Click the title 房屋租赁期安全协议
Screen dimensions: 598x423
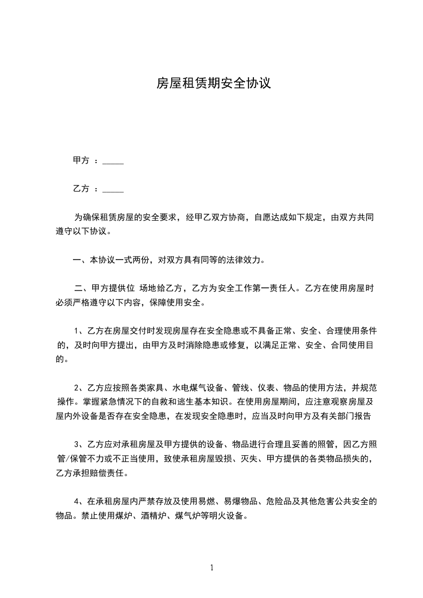point(213,84)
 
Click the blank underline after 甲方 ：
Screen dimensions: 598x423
point(113,160)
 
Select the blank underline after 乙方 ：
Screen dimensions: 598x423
point(113,189)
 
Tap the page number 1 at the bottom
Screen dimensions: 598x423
point(212,568)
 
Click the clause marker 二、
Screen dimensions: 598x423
point(83,289)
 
